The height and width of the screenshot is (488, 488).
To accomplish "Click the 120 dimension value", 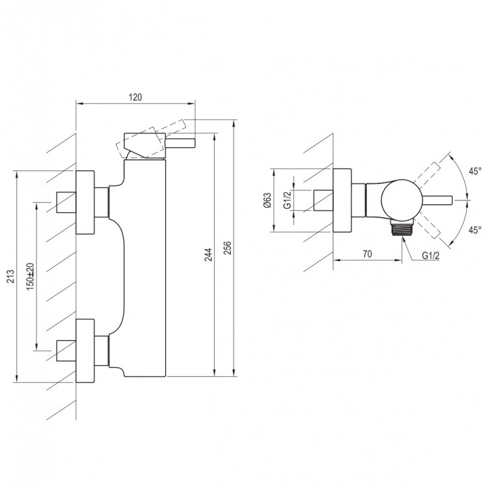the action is [135, 97].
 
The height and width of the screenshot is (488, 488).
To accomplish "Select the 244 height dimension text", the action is [209, 254].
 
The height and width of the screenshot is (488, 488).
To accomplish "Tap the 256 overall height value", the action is [228, 248].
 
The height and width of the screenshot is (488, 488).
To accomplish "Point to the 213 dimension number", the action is [10, 277].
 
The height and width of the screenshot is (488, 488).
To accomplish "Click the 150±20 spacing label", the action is [30, 277].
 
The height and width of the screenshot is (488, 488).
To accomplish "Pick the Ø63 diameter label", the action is [267, 200].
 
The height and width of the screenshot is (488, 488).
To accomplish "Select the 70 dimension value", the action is [367, 254].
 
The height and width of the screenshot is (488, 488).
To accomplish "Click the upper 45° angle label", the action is [475, 171].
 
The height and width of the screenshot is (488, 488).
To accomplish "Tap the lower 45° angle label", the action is [475, 230].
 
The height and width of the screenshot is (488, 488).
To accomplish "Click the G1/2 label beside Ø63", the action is [287, 200].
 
